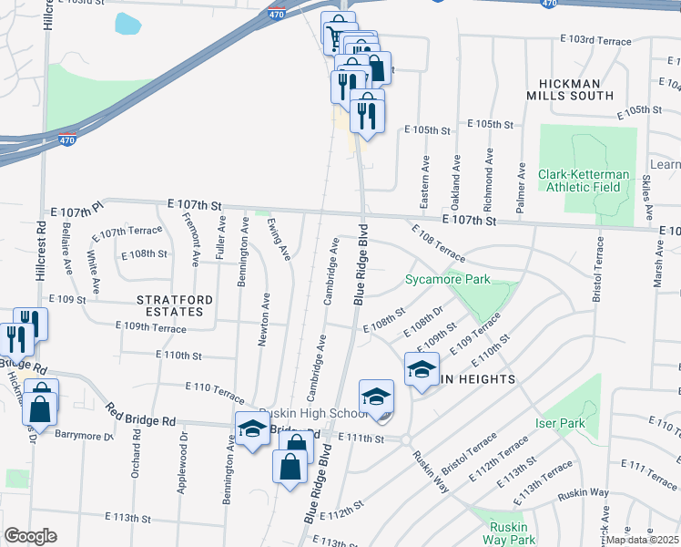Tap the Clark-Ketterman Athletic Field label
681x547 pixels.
(x=579, y=181)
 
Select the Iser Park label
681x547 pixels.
(x=559, y=423)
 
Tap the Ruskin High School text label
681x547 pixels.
(x=300, y=413)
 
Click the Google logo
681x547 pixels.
(x=30, y=536)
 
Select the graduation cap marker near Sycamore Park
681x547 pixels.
(x=421, y=369)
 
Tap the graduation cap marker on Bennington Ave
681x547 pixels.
(x=252, y=428)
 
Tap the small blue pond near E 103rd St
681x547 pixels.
(x=127, y=23)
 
